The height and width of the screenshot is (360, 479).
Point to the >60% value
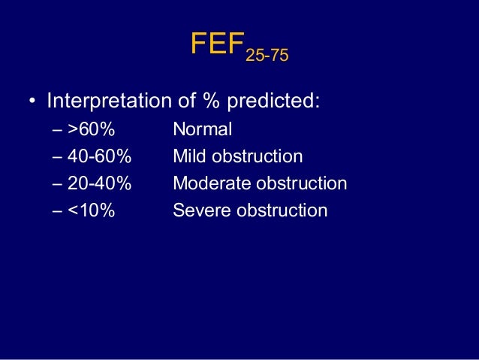91,129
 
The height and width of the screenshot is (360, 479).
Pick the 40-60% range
99,156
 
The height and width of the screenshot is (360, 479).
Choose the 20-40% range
99,183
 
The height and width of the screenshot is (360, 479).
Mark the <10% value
91,210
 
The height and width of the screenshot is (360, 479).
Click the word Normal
203,129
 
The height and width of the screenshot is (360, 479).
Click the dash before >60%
59,130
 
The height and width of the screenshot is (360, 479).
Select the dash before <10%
59,211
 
